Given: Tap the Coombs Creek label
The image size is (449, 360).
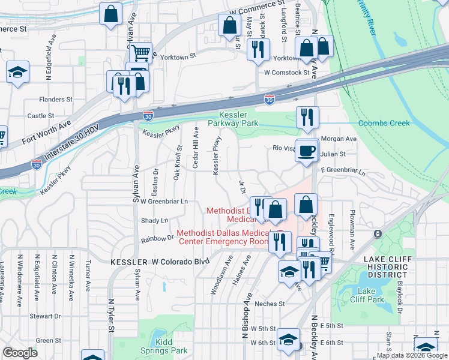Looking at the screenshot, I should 384,123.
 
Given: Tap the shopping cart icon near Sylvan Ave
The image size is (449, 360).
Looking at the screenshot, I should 140,53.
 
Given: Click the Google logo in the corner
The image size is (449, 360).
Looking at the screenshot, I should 20,353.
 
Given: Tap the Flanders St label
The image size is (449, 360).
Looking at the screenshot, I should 55,99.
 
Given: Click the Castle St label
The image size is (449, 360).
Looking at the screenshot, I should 41,116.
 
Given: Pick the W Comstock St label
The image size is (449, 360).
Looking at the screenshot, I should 286,73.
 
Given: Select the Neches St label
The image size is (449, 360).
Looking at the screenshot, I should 269,304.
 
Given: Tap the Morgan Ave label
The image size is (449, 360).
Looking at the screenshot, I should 339,139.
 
